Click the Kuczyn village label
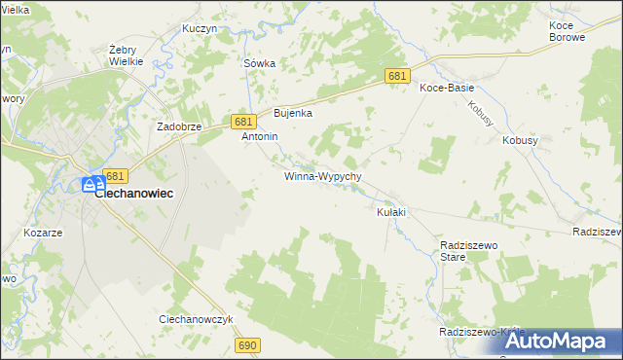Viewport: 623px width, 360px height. click(199, 29)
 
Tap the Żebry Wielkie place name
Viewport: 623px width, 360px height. click(127, 54)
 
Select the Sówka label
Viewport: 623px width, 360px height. click(259, 63)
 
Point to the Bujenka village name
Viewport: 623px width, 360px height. click(292, 113)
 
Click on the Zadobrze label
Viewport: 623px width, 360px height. click(179, 127)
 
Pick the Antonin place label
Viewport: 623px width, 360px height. click(260, 137)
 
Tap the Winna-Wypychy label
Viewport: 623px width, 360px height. click(323, 177)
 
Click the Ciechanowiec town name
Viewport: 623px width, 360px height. click(134, 194)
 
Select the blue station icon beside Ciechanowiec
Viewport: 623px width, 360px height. click(91, 184)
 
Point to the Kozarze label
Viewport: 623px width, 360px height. click(43, 234)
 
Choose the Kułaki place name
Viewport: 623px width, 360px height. click(390, 212)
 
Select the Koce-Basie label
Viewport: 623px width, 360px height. click(446, 88)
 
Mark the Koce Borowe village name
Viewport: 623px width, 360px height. click(567, 31)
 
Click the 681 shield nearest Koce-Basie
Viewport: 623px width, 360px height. click(397, 76)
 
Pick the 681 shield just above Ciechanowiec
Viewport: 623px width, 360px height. click(115, 176)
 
